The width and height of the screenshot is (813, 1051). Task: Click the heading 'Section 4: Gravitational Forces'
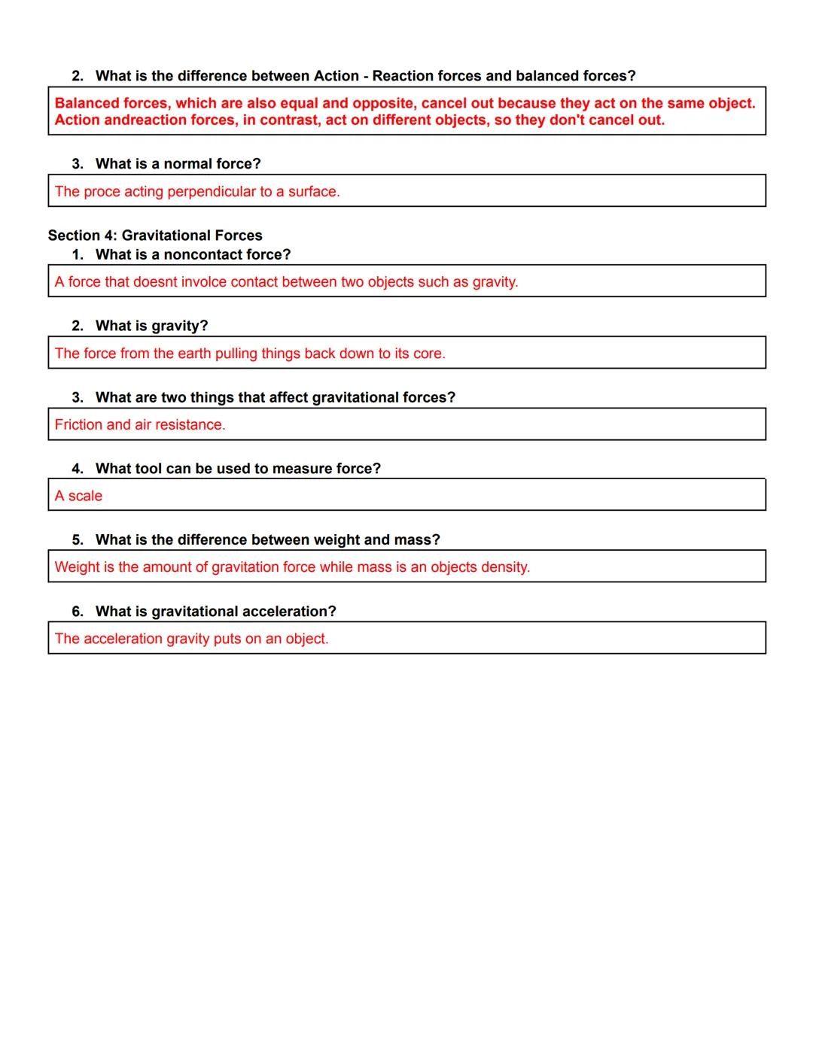155,235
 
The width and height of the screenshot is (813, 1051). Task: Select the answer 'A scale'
78,497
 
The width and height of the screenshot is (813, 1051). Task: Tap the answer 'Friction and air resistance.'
140,425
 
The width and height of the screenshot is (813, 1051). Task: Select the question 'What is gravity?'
151,326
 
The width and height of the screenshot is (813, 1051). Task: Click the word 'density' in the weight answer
505,567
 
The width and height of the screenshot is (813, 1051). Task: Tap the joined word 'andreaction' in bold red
148,120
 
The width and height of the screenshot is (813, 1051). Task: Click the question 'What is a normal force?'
178,164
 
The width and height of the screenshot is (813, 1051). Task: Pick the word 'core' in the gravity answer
428,354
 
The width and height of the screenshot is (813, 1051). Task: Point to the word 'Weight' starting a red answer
77,567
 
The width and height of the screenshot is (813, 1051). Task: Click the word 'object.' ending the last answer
307,639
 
